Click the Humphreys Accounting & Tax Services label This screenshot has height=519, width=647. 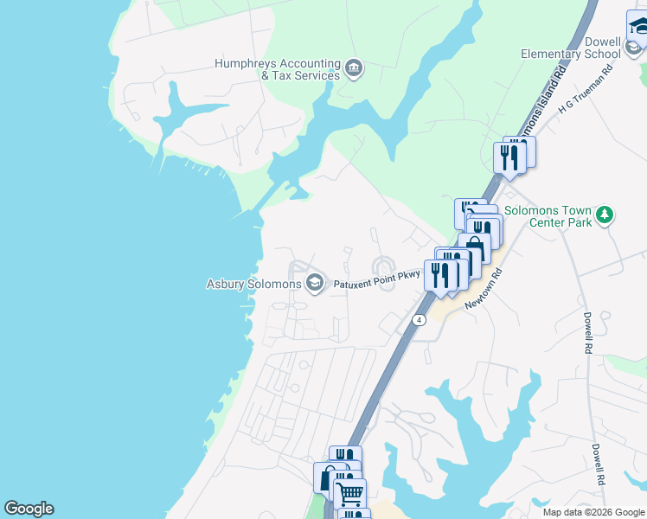(x=277, y=69)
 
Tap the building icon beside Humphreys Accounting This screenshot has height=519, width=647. (x=353, y=68)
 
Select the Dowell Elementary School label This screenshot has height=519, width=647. (x=571, y=47)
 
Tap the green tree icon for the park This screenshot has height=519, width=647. (x=606, y=215)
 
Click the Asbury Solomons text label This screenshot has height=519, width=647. (x=253, y=284)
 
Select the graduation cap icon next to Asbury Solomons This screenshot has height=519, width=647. (x=315, y=283)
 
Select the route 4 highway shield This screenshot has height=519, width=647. (x=419, y=319)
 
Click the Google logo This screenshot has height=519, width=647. (x=29, y=509)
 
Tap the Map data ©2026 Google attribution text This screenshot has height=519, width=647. (x=593, y=512)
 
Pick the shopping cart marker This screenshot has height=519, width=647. (x=349, y=494)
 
